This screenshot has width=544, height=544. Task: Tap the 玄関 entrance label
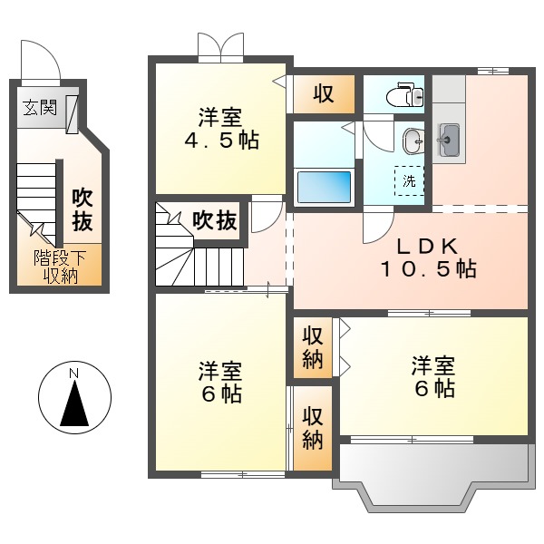pos(39,109)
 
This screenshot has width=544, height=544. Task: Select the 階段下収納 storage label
pos(55,267)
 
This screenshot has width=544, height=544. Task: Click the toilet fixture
pos(400,93)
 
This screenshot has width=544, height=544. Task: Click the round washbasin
pos(413,140)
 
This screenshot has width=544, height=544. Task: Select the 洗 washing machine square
pos(409,180)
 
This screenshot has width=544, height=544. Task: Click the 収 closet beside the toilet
pos(323,93)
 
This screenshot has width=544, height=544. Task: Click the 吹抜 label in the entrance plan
pos(83,209)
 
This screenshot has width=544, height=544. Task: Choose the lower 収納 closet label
pos(313,428)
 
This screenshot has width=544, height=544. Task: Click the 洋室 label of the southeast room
pos(432,365)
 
